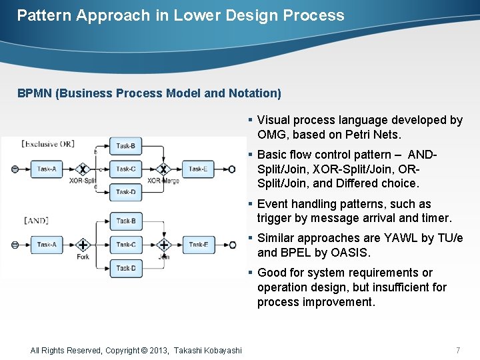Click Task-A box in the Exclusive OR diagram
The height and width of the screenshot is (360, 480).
click(46, 169)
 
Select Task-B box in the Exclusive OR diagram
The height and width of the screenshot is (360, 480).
click(125, 146)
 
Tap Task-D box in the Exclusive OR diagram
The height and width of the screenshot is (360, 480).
click(125, 192)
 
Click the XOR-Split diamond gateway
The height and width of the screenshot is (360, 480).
click(83, 169)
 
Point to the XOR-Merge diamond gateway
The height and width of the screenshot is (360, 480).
click(163, 169)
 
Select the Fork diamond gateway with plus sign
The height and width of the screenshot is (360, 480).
click(83, 245)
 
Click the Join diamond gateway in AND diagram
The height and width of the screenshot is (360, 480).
click(163, 245)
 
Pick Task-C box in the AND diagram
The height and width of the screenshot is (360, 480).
click(125, 245)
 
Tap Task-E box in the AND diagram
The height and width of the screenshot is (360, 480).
click(198, 245)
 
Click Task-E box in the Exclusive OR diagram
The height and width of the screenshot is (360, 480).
click(198, 169)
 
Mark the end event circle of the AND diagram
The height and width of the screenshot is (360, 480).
click(232, 245)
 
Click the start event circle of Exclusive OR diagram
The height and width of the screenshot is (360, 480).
click(15, 169)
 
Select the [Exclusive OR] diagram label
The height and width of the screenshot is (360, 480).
click(48, 143)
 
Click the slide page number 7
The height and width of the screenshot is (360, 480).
click(457, 350)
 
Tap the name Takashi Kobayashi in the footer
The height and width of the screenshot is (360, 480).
click(208, 350)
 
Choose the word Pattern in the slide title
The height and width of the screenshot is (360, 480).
click(44, 15)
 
